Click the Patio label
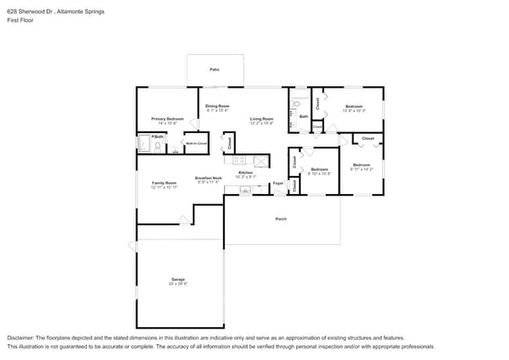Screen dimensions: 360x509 (214, 70)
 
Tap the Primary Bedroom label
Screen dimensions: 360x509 (168, 118)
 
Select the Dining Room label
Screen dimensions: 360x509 (218, 106)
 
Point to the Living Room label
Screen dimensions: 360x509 (261, 118)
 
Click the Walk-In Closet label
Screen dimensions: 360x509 (196, 143)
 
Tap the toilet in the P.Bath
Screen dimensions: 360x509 (157, 146)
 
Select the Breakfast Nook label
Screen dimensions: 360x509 (208, 177)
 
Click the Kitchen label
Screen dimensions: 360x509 (245, 171)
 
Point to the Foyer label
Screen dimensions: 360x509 (278, 183)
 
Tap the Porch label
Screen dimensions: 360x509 (280, 219)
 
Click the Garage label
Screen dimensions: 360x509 (178, 279)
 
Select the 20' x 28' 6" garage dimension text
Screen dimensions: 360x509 (178, 283)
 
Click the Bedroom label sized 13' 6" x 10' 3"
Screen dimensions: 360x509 (354, 106)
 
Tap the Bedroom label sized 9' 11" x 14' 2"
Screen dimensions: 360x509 (361, 164)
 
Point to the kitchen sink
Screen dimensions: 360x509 (246, 189)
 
